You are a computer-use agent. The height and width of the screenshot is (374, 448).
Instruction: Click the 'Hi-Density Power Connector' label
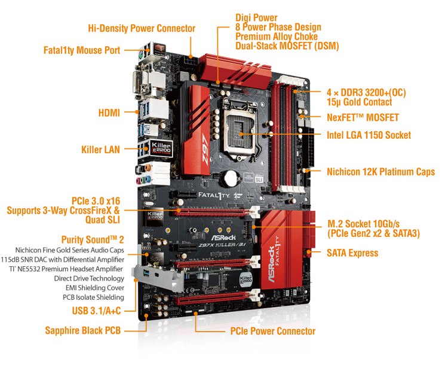point(142,28)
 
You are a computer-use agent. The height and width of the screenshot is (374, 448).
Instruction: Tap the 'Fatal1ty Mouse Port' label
point(82,50)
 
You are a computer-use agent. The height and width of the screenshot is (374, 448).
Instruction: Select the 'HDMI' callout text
point(109,112)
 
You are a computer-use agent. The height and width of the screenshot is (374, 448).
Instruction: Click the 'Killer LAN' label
point(100,150)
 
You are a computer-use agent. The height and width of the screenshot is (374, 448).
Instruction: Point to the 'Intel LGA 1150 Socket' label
point(369,135)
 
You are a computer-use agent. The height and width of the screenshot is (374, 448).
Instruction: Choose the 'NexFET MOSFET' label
point(363,117)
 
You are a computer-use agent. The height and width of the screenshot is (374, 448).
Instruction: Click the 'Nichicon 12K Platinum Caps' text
point(381,172)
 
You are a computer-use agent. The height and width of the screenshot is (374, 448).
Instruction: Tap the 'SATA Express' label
point(352,253)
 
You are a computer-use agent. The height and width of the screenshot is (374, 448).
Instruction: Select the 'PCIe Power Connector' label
point(273,331)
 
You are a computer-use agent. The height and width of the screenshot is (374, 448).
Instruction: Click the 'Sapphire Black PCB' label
point(83,330)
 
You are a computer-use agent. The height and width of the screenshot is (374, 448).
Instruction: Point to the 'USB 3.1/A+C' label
point(96,311)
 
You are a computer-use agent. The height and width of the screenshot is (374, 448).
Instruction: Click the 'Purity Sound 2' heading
point(93,239)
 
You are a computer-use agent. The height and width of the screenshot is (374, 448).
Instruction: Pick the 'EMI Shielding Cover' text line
point(95,288)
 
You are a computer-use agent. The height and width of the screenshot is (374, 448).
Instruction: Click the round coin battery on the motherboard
point(231,178)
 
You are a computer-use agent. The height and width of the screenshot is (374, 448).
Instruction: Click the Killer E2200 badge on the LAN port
point(161,148)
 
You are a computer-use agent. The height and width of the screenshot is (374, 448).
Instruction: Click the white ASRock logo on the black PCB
point(223,238)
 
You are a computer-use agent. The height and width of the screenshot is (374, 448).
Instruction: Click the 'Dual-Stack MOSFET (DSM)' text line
point(287,46)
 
